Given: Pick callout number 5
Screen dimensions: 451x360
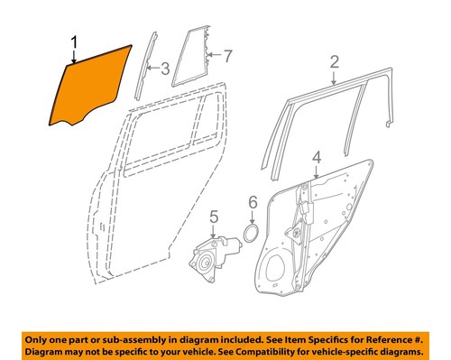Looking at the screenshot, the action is pos(214,217).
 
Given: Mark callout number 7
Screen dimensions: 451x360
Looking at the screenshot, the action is pos(227,56).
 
